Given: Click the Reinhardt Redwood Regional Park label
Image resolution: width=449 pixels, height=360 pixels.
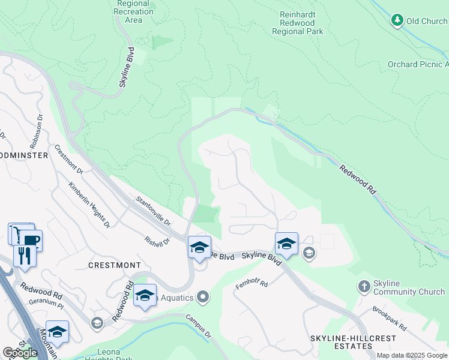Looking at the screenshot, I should coord(301,22).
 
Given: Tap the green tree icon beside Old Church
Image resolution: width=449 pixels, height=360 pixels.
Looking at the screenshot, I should coord(397,21).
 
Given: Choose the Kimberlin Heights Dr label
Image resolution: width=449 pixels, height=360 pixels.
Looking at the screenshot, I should coord(89,205).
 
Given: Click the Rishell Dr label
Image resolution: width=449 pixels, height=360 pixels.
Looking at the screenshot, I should coord(158,241).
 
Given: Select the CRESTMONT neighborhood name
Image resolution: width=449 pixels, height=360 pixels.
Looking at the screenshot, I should coord(114,265).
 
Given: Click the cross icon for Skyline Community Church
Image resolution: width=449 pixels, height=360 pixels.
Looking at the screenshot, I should coord(364,287).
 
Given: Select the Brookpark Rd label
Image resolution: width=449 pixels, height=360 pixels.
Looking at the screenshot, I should coord(390,320).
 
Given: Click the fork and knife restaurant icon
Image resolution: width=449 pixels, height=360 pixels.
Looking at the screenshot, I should coord(24,255).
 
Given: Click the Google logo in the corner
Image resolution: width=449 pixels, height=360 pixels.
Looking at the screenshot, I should coord(20,353).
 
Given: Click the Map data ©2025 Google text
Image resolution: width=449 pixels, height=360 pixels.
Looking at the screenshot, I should coord(412,355).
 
